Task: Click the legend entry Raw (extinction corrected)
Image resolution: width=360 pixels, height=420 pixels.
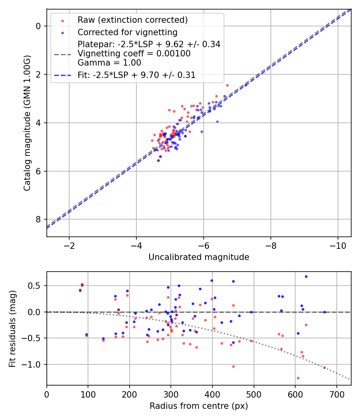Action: pos(132,20)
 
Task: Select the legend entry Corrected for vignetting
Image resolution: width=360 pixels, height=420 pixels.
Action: pos(127,32)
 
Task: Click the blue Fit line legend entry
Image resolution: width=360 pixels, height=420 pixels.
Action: pos(136,75)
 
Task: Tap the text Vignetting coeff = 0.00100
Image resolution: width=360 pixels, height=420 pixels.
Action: pos(134,53)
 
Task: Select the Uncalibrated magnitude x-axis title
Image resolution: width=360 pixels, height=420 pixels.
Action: pos(199,257)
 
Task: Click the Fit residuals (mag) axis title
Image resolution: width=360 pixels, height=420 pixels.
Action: pos(12,328)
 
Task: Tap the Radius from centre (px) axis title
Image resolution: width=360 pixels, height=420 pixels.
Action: pos(199,406)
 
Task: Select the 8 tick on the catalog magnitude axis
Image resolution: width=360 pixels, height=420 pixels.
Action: pos(39,220)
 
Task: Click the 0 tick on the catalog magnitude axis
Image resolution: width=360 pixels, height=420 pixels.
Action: pos(39,26)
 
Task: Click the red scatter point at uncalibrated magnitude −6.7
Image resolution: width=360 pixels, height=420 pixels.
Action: pos(227,85)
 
